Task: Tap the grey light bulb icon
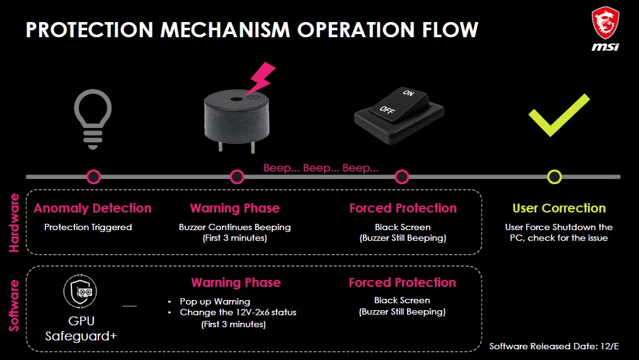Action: (93, 119)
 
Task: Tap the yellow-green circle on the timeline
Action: (554, 177)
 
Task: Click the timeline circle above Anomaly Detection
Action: (93, 177)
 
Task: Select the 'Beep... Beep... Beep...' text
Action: (321, 168)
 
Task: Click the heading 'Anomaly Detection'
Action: (93, 208)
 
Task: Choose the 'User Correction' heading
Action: (559, 208)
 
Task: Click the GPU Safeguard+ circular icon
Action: (80, 290)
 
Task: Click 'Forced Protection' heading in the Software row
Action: (402, 282)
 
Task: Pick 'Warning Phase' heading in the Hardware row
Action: (234, 208)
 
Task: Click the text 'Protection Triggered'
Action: (88, 227)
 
